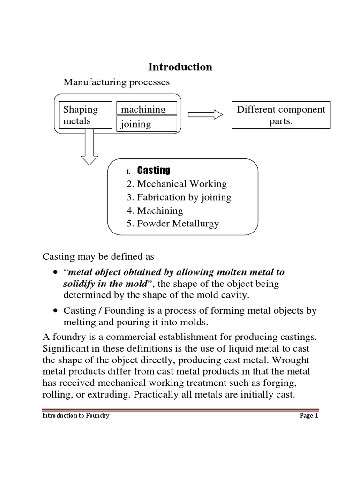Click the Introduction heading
pyautogui.click(x=180, y=67)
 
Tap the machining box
pyautogui.click(x=147, y=108)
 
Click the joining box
pyautogui.click(x=147, y=124)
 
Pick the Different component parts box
pyautogui.click(x=281, y=115)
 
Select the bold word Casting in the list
pyautogui.click(x=153, y=170)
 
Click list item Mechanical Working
pyautogui.click(x=176, y=184)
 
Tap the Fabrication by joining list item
pyautogui.click(x=179, y=197)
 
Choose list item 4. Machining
pyautogui.click(x=155, y=210)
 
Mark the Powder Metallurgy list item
pyautogui.click(x=172, y=224)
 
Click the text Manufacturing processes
pyautogui.click(x=117, y=82)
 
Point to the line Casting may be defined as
pyautogui.click(x=98, y=257)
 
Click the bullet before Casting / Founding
pyautogui.click(x=56, y=311)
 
